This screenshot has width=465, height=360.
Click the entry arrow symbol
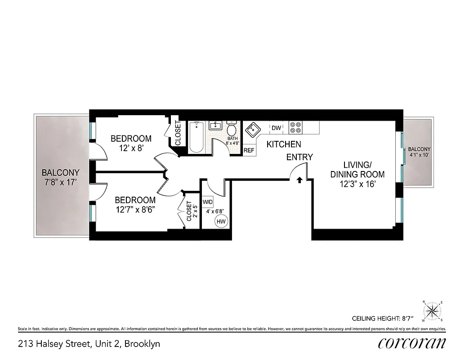pyautogui.click(x=300, y=180)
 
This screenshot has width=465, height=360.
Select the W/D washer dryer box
pyautogui.click(x=208, y=202)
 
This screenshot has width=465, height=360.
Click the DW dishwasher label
pyautogui.click(x=276, y=128)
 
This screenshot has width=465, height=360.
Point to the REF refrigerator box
pyautogui.click(x=249, y=150)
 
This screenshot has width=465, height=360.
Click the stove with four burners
pyautogui.click(x=295, y=128)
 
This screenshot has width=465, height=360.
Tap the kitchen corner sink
pyautogui.click(x=253, y=130)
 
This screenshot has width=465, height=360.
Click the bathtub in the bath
pyautogui.click(x=196, y=137)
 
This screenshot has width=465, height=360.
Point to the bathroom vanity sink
pyautogui.click(x=216, y=126)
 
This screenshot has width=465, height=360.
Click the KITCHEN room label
pyautogui.click(x=284, y=144)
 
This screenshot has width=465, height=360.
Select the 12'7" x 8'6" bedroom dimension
pyautogui.click(x=135, y=209)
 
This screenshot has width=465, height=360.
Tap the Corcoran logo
pyautogui.click(x=412, y=343)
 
